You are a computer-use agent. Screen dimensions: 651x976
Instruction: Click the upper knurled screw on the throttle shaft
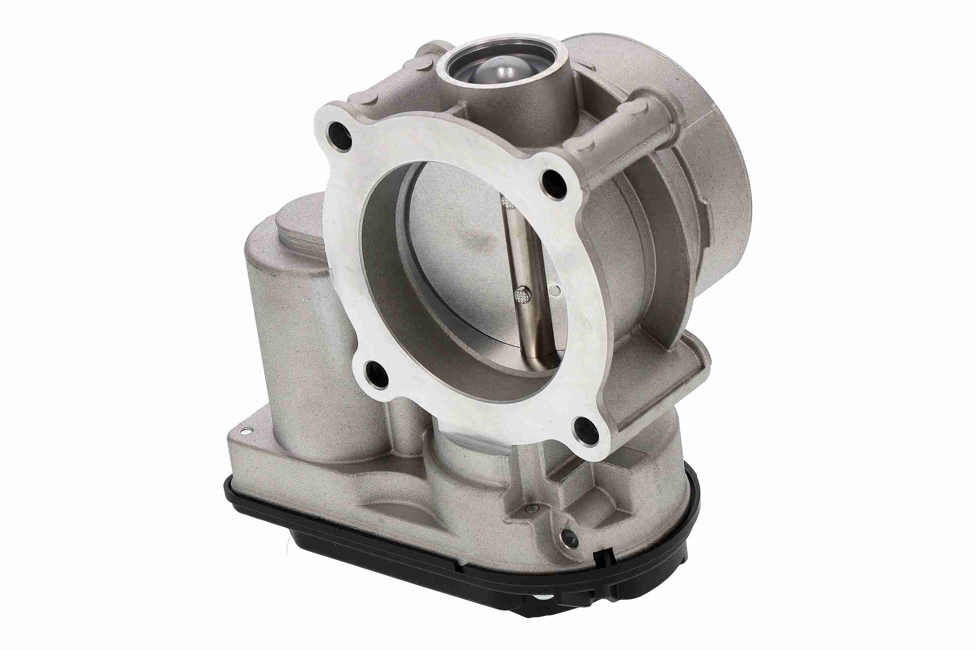(x=508, y=204)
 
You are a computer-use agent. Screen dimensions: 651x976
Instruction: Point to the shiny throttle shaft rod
(x=529, y=270)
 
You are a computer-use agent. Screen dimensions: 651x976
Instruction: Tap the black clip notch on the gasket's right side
(x=603, y=558)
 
